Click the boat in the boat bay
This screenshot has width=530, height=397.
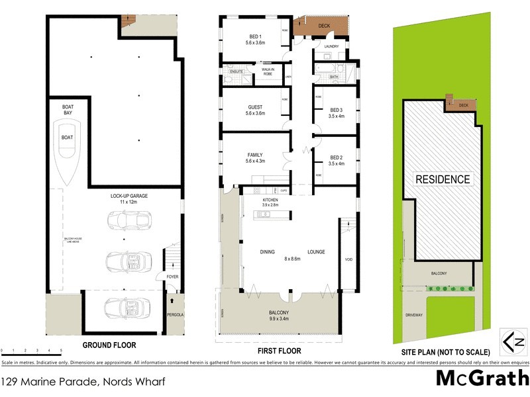[x=68, y=156]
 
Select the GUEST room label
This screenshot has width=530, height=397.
[x=255, y=107]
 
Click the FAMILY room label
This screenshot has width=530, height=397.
[x=255, y=155]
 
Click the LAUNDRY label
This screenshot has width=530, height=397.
[x=331, y=46]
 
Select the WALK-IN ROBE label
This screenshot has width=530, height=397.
[x=268, y=71]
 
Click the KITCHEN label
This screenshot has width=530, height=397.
[x=270, y=199]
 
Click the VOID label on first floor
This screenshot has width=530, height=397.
[x=349, y=259]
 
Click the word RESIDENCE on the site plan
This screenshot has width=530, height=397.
[x=443, y=179]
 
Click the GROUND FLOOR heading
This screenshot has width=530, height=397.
[x=109, y=345]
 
